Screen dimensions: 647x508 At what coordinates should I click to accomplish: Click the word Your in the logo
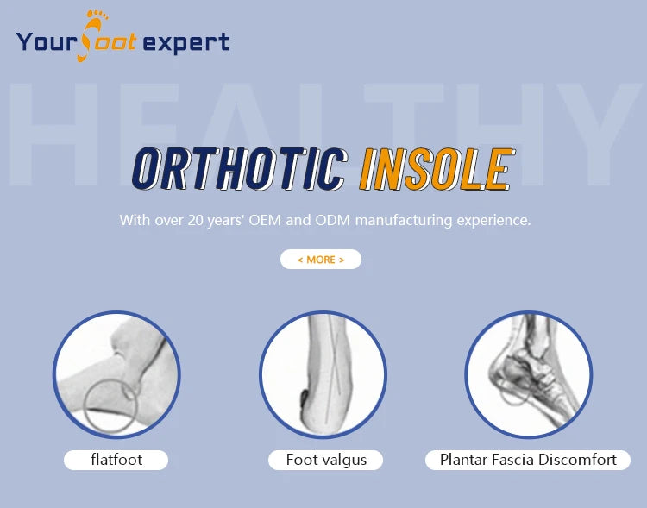pos(47,42)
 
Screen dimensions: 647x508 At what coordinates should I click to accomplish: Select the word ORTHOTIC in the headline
pos(240,168)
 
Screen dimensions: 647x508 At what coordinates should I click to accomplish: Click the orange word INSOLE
pos(437,169)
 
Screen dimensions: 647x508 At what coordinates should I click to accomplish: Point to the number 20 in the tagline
pos(196,220)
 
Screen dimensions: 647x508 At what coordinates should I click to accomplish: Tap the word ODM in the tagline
pos(332,220)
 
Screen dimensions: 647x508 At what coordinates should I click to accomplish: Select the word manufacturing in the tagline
pos(404,221)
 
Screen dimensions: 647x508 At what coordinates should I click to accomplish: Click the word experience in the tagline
pos(493,221)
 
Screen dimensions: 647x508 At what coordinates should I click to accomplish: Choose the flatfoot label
pos(116,460)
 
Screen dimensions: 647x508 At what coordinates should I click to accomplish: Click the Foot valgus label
pos(326,460)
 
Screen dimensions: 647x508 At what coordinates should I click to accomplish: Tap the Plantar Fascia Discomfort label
pos(528,460)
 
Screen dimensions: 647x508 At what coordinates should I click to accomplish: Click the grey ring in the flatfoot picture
pos(85,406)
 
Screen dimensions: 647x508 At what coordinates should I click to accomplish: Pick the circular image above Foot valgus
pos(323,374)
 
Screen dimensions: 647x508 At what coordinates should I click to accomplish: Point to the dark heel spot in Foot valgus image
pos(304,399)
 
